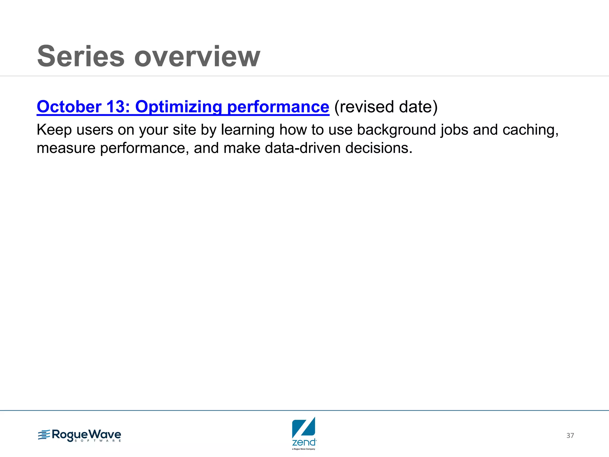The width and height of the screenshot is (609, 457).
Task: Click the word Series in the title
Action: click(x=81, y=56)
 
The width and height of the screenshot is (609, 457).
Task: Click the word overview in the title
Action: click(x=197, y=56)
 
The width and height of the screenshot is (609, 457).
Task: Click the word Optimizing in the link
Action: click(x=178, y=107)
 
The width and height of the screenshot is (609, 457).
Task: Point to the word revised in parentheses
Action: click(x=365, y=107)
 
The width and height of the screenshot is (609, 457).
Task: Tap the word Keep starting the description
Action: click(x=54, y=130)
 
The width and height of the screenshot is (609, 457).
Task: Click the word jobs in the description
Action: click(x=454, y=130)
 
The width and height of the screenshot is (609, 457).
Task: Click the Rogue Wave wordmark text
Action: click(x=86, y=435)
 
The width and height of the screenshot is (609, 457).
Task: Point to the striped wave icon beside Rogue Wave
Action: click(x=44, y=435)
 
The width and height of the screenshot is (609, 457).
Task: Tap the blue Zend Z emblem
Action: click(x=304, y=427)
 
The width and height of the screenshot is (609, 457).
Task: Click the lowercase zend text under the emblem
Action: click(x=304, y=442)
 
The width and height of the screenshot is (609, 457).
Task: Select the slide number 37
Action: click(x=570, y=436)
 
